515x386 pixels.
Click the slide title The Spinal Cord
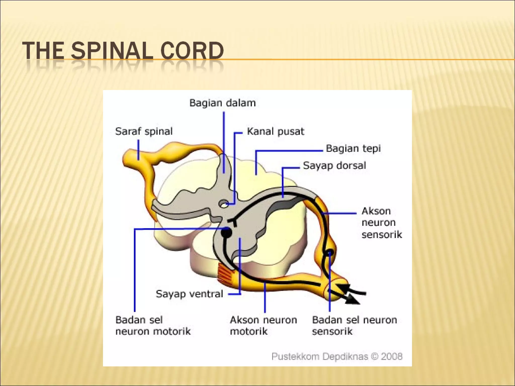click(x=123, y=51)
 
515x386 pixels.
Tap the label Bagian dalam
click(x=222, y=103)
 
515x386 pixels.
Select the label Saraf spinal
click(x=144, y=131)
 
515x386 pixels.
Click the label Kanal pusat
click(x=275, y=131)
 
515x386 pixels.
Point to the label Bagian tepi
click(x=353, y=149)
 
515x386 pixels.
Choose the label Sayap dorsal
click(x=334, y=166)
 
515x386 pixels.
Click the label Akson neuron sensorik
click(x=381, y=223)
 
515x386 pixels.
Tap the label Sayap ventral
click(x=189, y=294)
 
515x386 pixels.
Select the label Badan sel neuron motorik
click(x=153, y=326)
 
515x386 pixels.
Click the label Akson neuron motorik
click(x=263, y=326)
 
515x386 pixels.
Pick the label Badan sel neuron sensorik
click(x=354, y=326)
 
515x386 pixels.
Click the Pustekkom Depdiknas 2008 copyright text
click(x=337, y=357)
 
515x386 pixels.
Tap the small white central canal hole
click(x=223, y=204)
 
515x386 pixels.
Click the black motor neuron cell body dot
click(x=226, y=232)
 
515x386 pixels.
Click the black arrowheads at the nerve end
click(x=348, y=294)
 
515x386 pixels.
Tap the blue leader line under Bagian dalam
click(x=224, y=141)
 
